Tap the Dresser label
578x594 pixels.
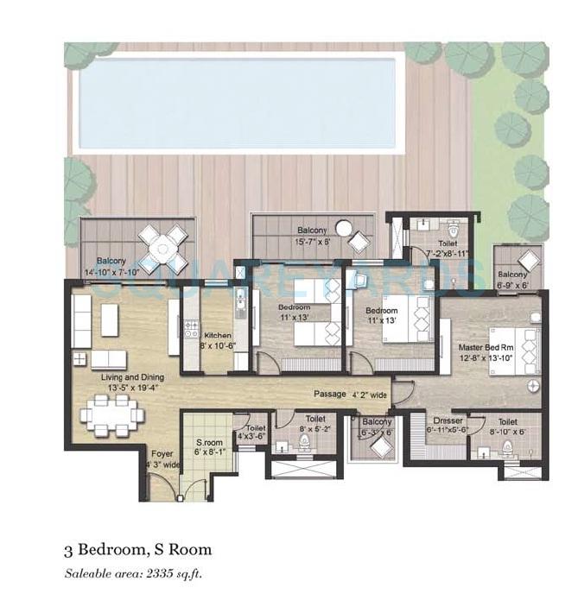(448, 425)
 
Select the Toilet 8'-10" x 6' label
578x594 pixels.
(508, 425)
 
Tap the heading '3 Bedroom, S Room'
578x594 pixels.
(137, 549)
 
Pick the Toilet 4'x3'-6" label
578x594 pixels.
(256, 432)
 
